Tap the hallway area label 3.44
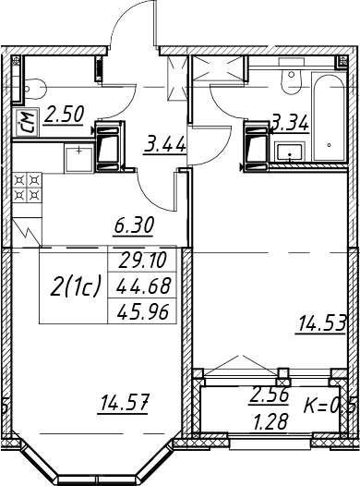165,144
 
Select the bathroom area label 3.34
290,124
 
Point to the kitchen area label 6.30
134,225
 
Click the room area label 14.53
320,324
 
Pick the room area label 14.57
123,402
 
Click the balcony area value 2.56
270,395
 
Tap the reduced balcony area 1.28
271,421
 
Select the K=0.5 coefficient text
329,406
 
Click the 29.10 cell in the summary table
143,260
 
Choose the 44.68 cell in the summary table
143,286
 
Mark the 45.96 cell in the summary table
143,311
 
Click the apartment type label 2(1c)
76,286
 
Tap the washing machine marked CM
26,123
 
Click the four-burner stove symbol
28,188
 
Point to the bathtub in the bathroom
329,117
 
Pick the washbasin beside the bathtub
290,152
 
